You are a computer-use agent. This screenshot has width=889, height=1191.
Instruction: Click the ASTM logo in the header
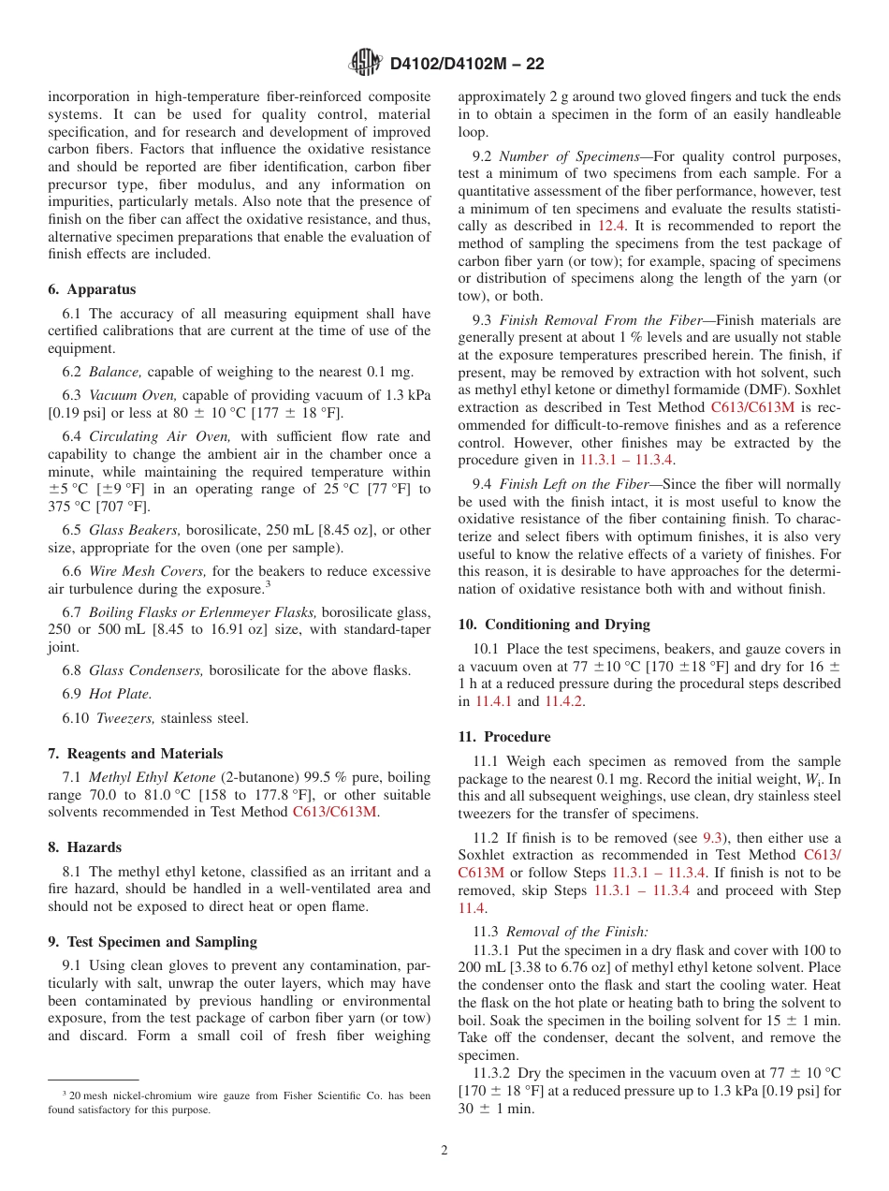click(x=365, y=63)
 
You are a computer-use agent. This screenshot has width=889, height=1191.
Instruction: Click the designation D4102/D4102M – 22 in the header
click(x=466, y=64)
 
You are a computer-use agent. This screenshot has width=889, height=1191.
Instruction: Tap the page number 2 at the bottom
click(x=444, y=1151)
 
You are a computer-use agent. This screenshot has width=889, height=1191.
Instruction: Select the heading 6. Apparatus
click(x=92, y=289)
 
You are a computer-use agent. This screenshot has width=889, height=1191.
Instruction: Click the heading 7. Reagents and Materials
click(x=135, y=753)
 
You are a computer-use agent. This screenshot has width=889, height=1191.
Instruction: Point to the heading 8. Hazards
click(x=84, y=846)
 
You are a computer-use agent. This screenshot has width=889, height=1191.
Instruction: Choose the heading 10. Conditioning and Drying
click(x=554, y=625)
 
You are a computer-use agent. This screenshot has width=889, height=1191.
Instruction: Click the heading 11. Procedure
click(x=504, y=737)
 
